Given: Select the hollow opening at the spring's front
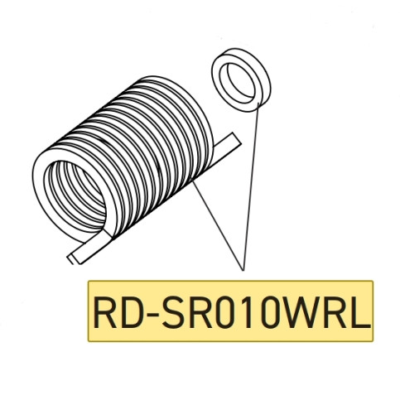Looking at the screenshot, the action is pyautogui.click(x=78, y=194).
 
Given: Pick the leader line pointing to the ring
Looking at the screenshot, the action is pyautogui.click(x=250, y=186).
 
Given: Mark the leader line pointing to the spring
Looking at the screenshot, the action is pyautogui.click(x=217, y=224).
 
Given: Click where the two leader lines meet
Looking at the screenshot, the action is pyautogui.click(x=243, y=271).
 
